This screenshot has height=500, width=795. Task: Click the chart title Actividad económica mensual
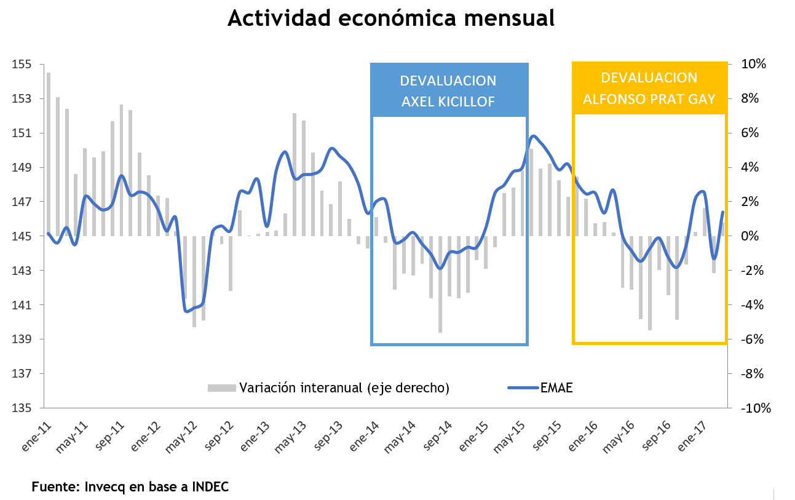point(391,18)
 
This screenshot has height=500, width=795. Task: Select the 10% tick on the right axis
point(753,65)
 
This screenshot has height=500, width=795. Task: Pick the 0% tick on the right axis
point(756,237)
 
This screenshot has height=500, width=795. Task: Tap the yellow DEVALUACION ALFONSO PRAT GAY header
point(649,89)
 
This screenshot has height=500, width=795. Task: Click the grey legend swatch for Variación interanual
point(221,387)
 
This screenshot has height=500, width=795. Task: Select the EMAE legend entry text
point(556,387)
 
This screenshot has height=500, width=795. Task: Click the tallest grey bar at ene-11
point(49,154)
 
